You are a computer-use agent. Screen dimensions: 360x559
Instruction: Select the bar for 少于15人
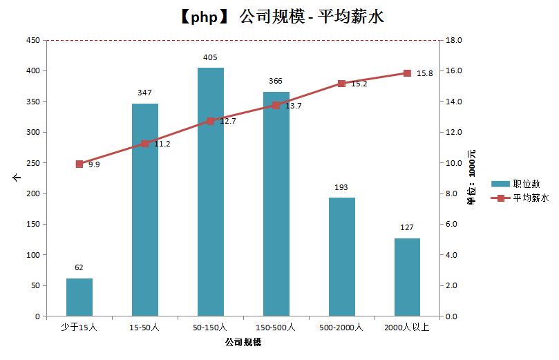[x=79, y=297]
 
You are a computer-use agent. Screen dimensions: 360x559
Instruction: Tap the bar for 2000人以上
[x=407, y=277]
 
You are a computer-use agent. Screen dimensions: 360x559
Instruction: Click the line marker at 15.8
[x=407, y=73]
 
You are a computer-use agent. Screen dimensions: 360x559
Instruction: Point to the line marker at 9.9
[x=79, y=164]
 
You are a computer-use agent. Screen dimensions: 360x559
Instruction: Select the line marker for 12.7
[x=211, y=121]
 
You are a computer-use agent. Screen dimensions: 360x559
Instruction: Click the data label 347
[x=145, y=92]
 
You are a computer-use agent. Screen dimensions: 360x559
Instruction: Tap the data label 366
[x=276, y=81]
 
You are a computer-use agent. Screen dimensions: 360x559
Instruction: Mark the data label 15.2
[x=359, y=84]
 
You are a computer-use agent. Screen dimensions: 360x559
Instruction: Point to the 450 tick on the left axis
[x=32, y=40]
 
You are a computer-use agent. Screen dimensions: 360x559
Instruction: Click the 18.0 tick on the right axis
[x=454, y=40]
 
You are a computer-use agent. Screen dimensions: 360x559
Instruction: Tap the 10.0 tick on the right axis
[x=454, y=163]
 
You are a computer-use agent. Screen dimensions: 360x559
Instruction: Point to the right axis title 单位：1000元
[x=471, y=178]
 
